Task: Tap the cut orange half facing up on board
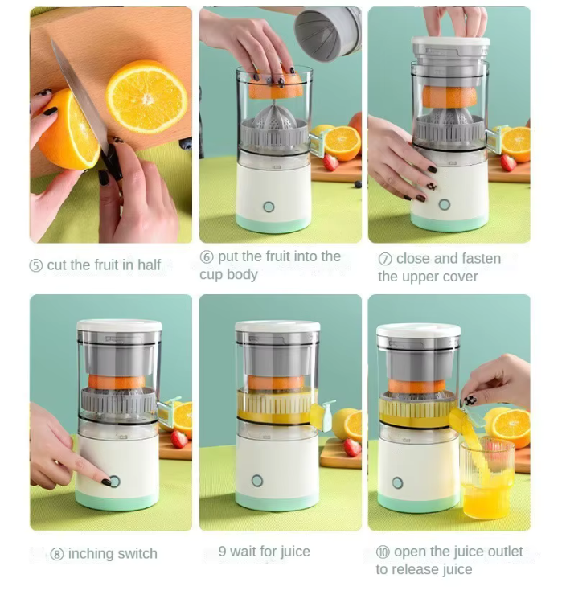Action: pos(146,96)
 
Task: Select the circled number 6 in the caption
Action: pos(206,257)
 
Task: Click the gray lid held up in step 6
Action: pos(327,32)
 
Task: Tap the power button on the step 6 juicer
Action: pos(269,207)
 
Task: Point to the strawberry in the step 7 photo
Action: pos(507,162)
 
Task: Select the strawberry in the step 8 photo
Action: pos(178,438)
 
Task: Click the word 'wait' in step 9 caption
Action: pos(244,552)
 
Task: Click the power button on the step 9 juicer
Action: pos(257,480)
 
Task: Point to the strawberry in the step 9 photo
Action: pos(351,447)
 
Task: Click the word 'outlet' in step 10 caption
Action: pos(498,552)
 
